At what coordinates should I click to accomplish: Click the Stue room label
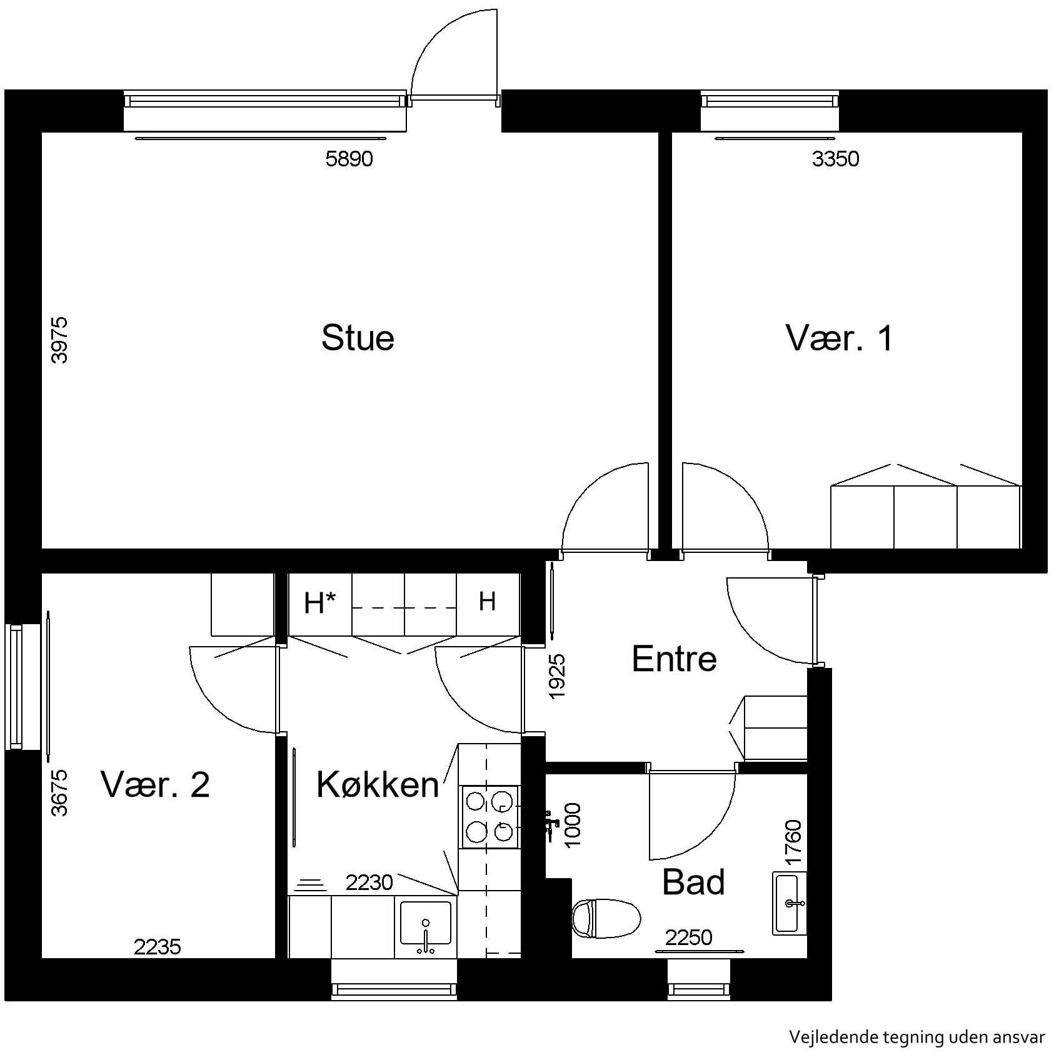point(358,338)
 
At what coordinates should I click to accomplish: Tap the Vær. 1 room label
point(839,338)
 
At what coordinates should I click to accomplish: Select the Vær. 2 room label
point(155,784)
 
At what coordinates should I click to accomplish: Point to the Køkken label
point(378,784)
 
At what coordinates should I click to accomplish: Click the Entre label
point(674,659)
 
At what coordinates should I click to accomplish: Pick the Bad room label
point(693,882)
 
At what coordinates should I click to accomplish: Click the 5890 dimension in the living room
point(349,159)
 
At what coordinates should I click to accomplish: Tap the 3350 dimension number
point(835,159)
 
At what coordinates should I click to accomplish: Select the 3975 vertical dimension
point(59,340)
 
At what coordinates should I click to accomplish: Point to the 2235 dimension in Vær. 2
point(158,947)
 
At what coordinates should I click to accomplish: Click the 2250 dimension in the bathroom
point(688,938)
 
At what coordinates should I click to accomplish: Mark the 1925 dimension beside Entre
point(556,676)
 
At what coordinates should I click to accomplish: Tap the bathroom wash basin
point(790,903)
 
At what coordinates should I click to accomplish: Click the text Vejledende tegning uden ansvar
point(916,1037)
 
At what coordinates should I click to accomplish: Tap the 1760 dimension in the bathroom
point(793,842)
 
